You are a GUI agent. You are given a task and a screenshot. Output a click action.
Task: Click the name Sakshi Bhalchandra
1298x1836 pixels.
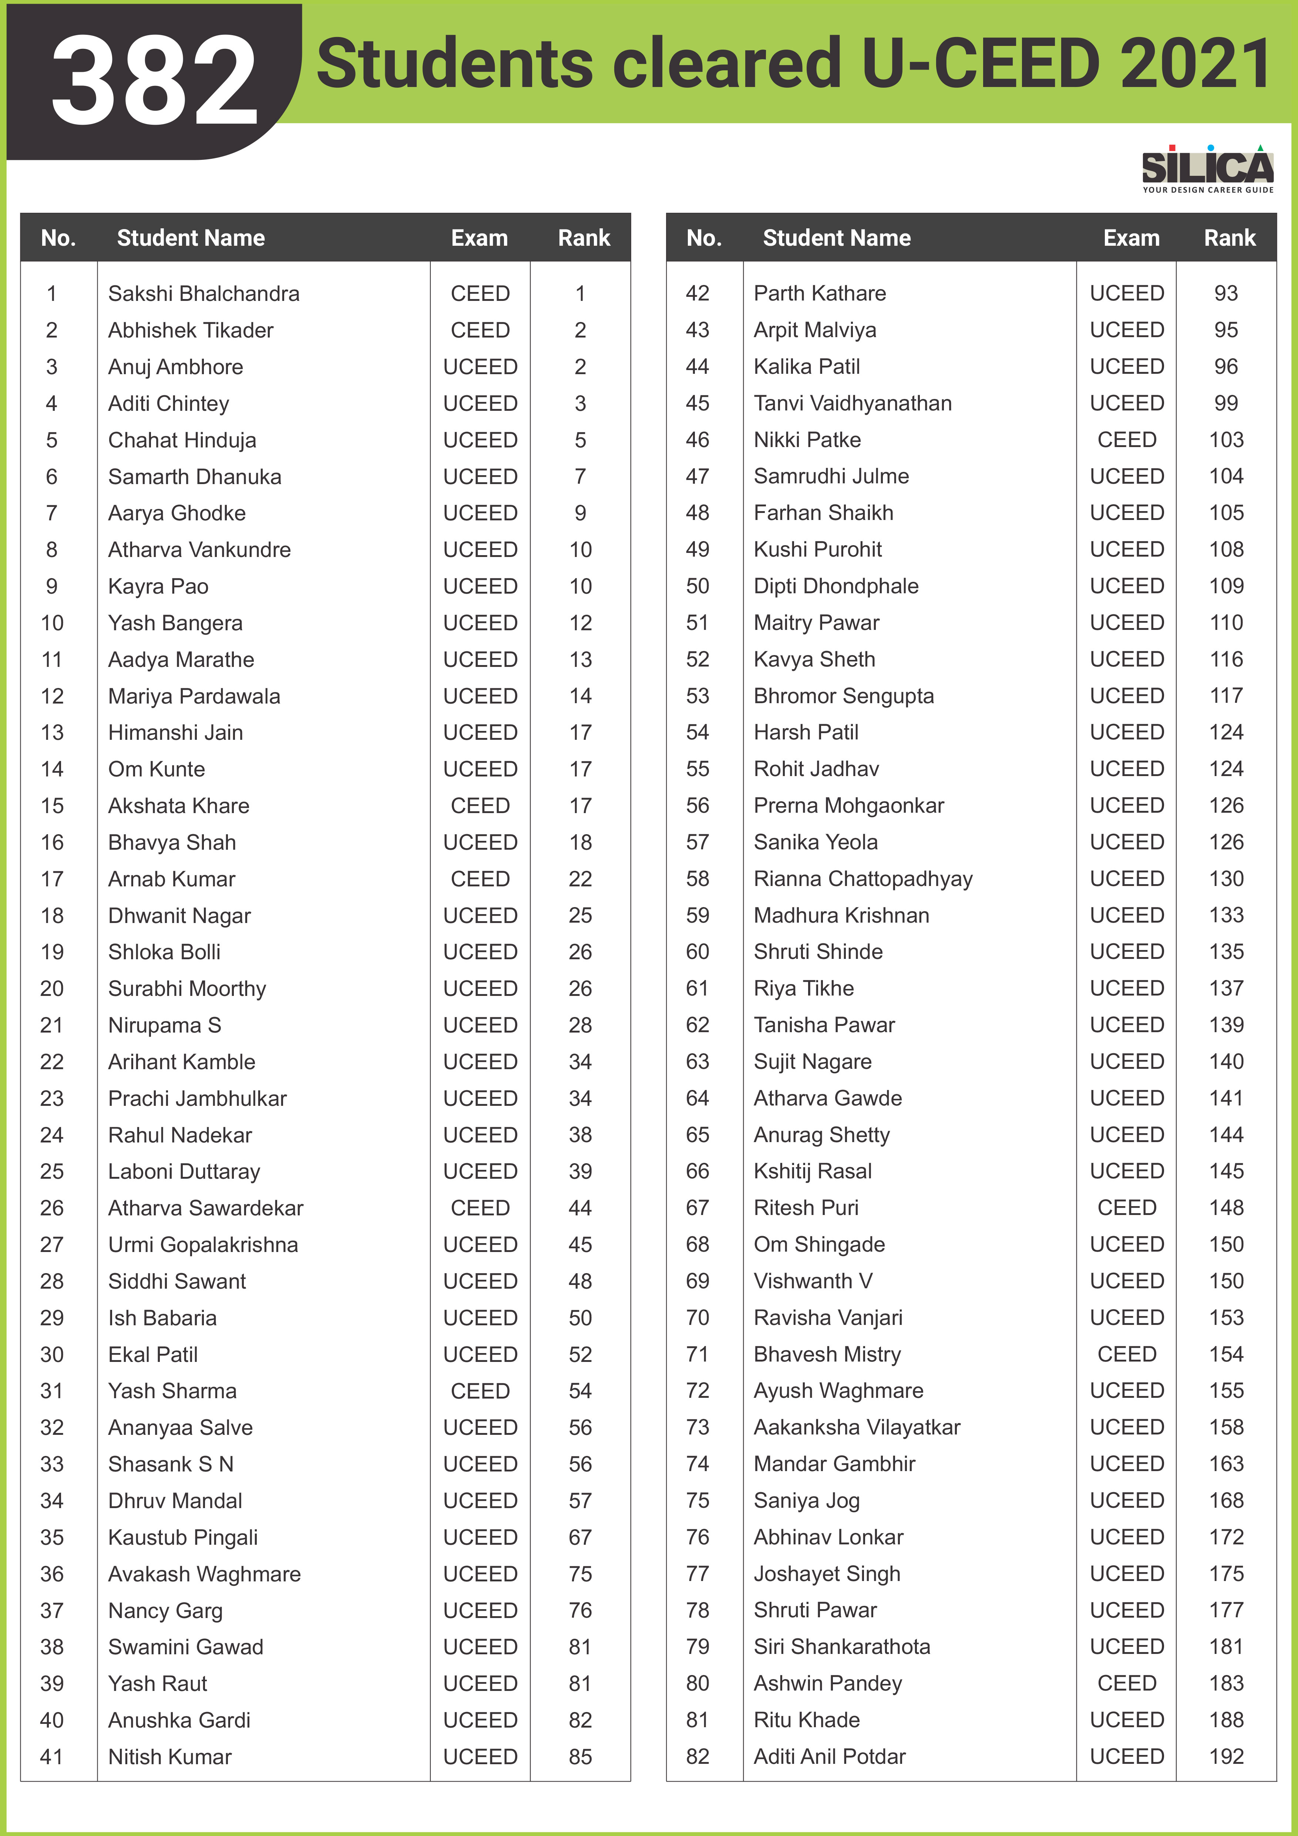tap(204, 293)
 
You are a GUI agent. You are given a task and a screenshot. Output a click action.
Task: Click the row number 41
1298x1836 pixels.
tap(52, 1757)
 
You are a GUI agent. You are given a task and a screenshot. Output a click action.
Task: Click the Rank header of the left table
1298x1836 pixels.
tap(584, 238)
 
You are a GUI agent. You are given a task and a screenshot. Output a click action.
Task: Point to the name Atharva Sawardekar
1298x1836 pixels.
tap(205, 1208)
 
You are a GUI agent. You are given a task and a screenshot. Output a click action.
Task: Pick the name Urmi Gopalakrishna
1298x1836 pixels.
tap(203, 1245)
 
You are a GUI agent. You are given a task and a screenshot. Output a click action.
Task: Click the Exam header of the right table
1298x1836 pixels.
tap(1131, 238)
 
